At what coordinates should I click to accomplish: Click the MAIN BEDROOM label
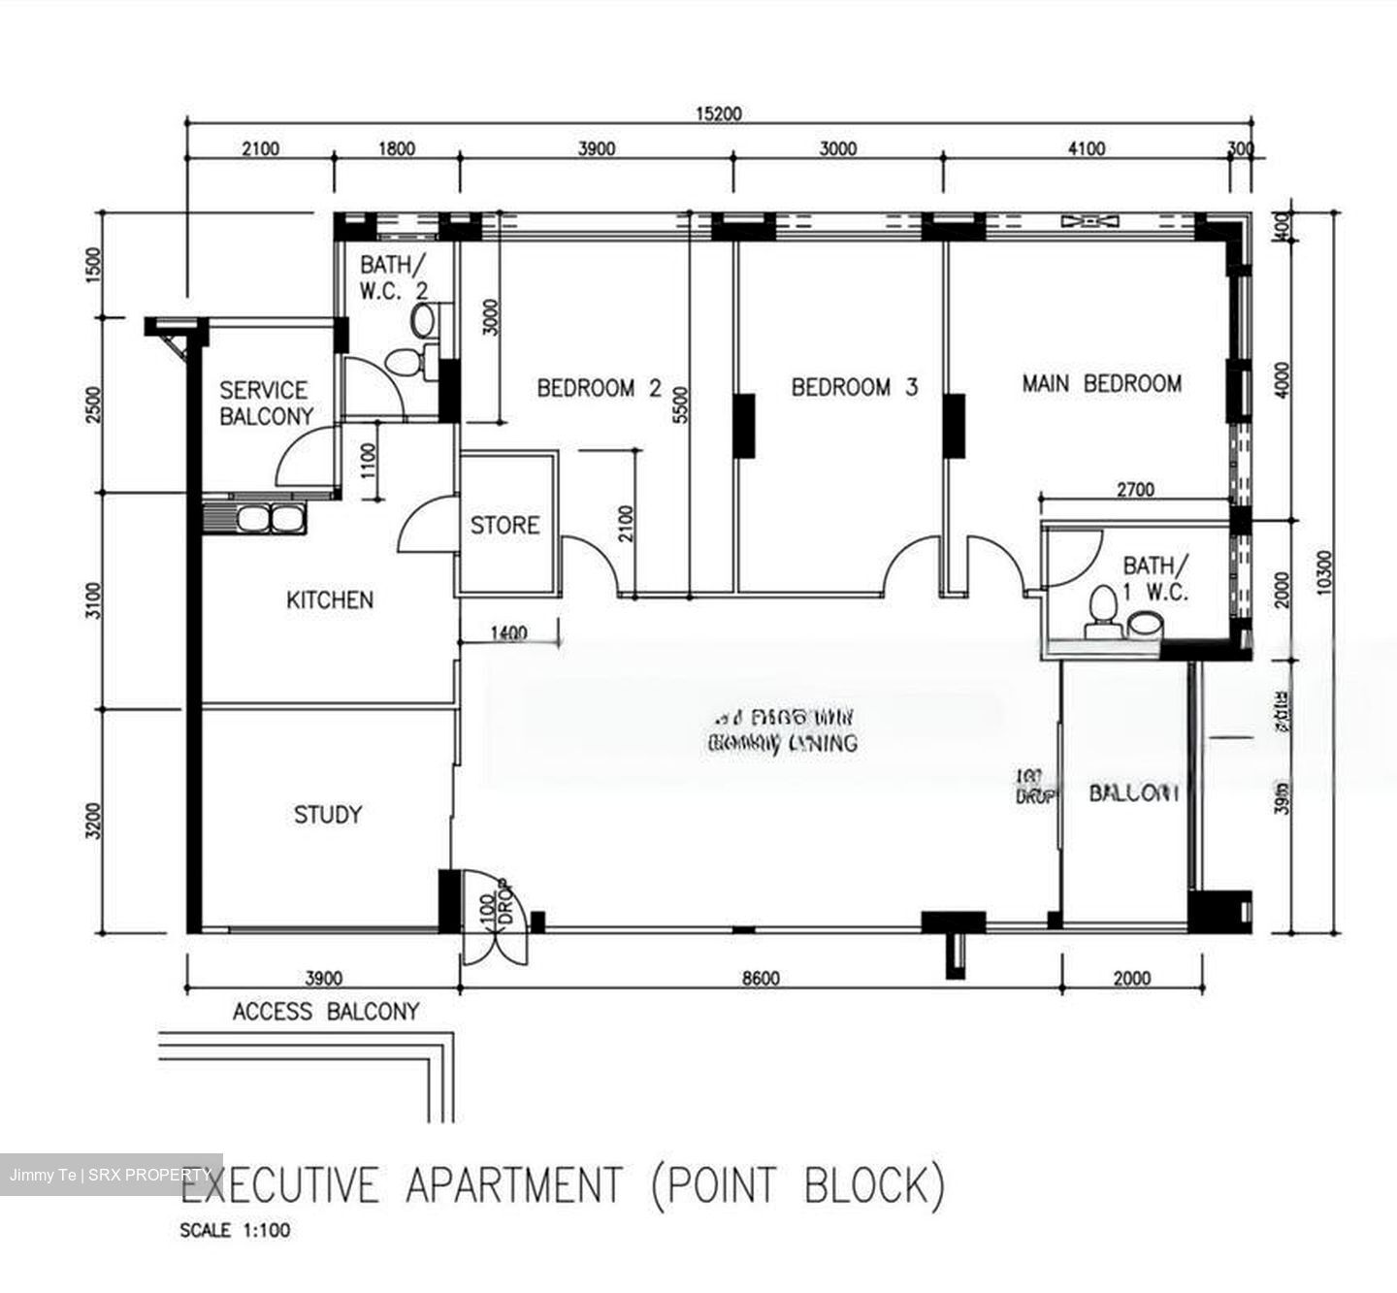click(1101, 384)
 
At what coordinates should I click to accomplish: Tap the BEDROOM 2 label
click(599, 389)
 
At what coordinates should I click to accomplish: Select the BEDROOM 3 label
click(854, 388)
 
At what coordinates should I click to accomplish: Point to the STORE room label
click(504, 526)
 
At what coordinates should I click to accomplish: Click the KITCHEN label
click(329, 600)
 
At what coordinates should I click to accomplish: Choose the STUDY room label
click(328, 815)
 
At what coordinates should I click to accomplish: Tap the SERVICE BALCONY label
click(265, 404)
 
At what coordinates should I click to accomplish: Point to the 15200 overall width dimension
click(718, 113)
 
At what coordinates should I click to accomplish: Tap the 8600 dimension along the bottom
click(760, 978)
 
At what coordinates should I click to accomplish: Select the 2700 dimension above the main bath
click(1134, 490)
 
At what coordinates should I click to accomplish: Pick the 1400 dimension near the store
click(508, 633)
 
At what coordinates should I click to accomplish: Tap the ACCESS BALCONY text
click(325, 1012)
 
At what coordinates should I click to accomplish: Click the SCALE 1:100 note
click(235, 1231)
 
